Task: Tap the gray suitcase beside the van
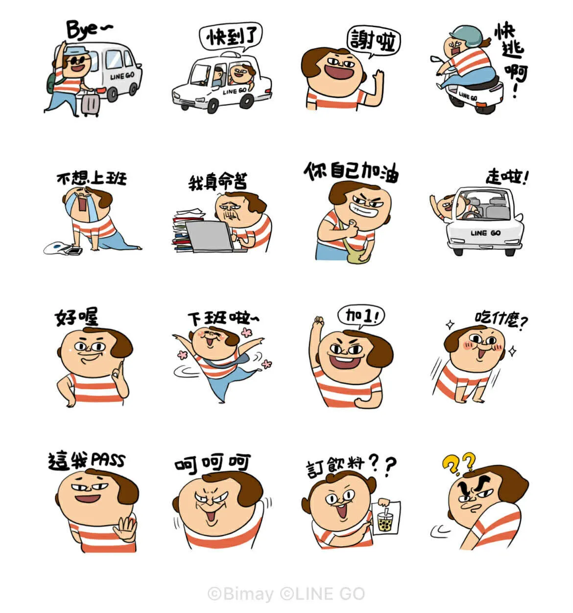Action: pos(90,103)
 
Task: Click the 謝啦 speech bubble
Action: pos(374,41)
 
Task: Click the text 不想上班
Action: pos(92,178)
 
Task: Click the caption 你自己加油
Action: pos(351,172)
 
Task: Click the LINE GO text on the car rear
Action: pos(485,233)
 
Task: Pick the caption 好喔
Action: pos(76,317)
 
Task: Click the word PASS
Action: pos(108,460)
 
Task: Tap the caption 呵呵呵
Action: pos(213,464)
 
